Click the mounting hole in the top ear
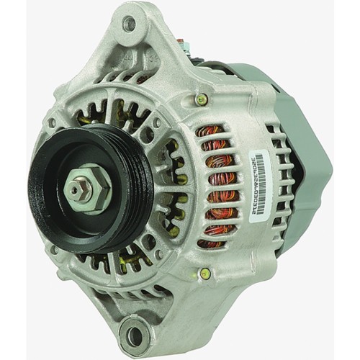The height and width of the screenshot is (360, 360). click(x=130, y=23)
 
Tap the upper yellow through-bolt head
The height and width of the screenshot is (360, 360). click(x=202, y=100)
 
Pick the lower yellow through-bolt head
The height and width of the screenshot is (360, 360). click(x=206, y=274)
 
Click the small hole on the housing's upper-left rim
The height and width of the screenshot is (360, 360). click(x=52, y=123)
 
